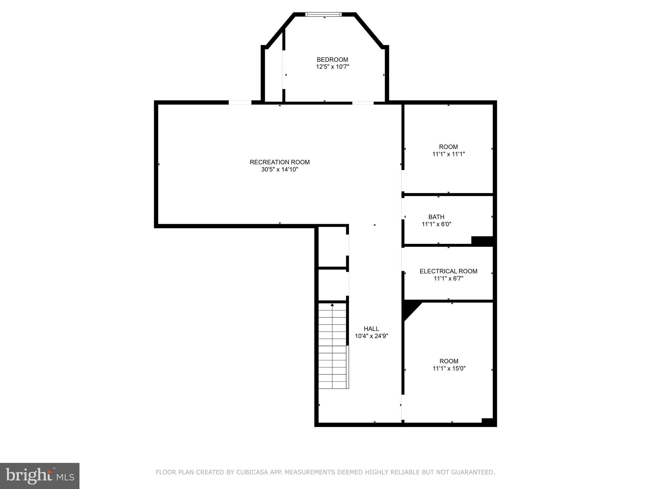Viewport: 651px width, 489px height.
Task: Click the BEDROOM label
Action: (x=332, y=60)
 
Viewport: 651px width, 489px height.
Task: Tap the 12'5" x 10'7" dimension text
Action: (x=332, y=67)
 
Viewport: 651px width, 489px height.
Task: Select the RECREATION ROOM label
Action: (x=279, y=162)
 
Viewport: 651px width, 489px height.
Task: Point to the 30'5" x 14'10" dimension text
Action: (x=279, y=169)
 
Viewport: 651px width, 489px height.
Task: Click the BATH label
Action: (x=436, y=217)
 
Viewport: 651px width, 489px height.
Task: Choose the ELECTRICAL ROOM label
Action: (x=448, y=271)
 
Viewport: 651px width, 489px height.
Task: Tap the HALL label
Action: (x=371, y=329)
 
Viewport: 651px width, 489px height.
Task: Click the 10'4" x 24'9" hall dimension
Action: (x=371, y=336)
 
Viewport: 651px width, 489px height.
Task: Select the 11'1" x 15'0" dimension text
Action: (x=449, y=368)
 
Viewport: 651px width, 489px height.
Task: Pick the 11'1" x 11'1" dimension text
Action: (x=448, y=154)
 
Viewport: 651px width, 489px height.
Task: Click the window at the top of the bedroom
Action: (x=323, y=14)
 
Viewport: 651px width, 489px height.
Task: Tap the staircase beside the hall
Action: (x=332, y=347)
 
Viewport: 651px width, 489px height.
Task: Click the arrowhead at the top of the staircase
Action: (x=332, y=305)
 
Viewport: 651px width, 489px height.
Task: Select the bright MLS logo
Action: (x=39, y=476)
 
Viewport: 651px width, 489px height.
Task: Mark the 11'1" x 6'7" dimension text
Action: (x=448, y=279)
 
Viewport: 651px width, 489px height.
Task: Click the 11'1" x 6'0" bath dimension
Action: (x=436, y=224)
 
